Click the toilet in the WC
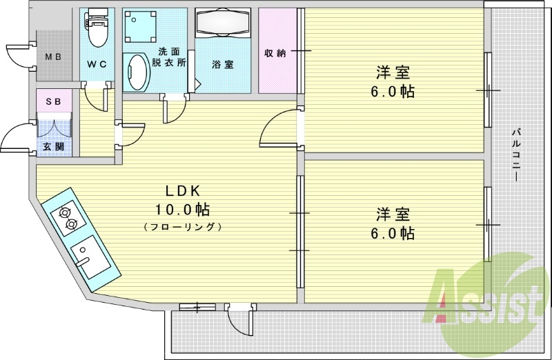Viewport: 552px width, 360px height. click(97, 28)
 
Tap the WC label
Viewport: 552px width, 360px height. click(97, 64)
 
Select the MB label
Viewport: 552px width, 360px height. click(54, 57)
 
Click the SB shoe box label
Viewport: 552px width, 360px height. click(54, 101)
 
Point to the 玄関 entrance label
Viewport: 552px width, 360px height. click(54, 147)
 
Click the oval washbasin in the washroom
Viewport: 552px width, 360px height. click(137, 73)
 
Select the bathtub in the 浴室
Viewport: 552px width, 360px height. click(223, 23)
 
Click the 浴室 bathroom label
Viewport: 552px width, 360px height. click(223, 65)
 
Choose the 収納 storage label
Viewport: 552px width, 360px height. click(275, 53)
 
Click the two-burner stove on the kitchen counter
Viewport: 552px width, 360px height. click(68, 218)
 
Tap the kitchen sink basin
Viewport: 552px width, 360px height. click(90, 257)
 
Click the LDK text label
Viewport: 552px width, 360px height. click(183, 191)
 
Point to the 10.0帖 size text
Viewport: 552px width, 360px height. click(183, 210)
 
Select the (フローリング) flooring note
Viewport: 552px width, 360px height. click(183, 227)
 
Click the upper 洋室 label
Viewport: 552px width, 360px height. click(393, 73)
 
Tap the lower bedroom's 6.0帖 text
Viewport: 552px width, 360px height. click(393, 233)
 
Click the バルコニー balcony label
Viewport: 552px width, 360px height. click(516, 156)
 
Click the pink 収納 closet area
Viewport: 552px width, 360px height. click(277, 50)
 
